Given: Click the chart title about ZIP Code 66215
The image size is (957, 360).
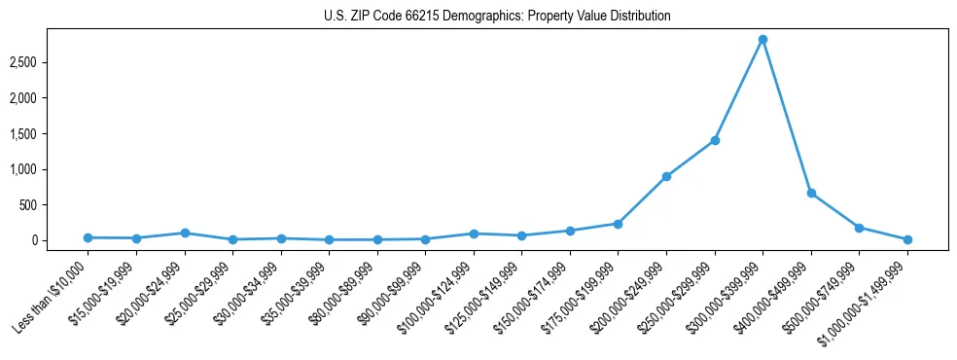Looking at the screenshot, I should click(x=497, y=17).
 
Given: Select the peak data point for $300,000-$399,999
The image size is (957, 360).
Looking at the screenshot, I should click(x=762, y=39).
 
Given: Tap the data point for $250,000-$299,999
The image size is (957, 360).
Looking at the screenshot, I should click(x=715, y=140).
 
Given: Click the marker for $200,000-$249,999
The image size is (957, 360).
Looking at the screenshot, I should click(x=666, y=176).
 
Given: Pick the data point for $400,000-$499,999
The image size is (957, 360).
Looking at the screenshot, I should click(x=811, y=193).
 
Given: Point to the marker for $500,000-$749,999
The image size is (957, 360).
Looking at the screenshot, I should click(x=859, y=228).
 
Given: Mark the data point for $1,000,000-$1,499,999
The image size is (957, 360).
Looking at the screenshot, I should click(x=907, y=239).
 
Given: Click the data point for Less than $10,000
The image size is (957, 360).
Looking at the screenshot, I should click(x=88, y=237).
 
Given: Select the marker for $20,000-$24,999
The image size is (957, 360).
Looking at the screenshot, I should click(x=185, y=233).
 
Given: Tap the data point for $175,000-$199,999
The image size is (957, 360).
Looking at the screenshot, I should click(x=618, y=224).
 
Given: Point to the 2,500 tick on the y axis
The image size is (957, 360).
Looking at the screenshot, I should click(x=50, y=62).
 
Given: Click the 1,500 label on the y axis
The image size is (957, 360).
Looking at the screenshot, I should click(x=50, y=134).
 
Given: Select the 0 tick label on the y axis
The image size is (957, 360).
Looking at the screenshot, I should click(x=60, y=240).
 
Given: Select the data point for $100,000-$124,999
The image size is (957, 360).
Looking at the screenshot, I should click(x=474, y=234).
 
